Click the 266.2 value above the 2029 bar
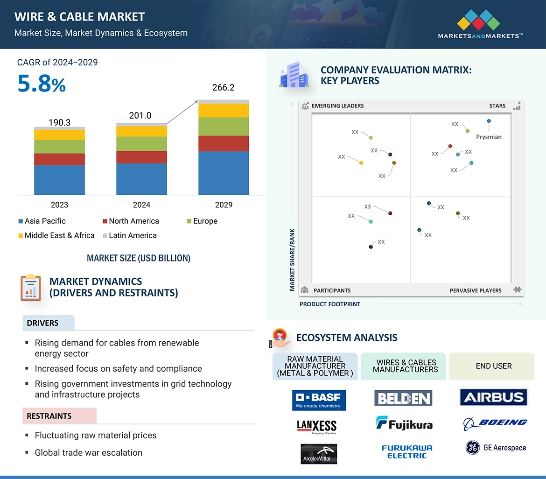coord(223,88)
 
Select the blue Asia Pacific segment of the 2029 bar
coord(224,173)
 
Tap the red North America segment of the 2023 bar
coord(59,159)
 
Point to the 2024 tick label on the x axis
coord(141,205)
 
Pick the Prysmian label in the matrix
coord(489,137)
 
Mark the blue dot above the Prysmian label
coord(489,121)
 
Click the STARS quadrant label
coord(497,106)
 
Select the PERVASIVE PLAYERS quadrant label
coord(476,290)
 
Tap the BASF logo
coord(319,400)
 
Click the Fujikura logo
coord(404,423)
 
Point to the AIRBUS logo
coord(493,398)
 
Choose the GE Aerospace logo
coord(496,448)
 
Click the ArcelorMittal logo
coord(319,454)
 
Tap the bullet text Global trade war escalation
coord(88,452)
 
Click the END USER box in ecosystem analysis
coord(493,366)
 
